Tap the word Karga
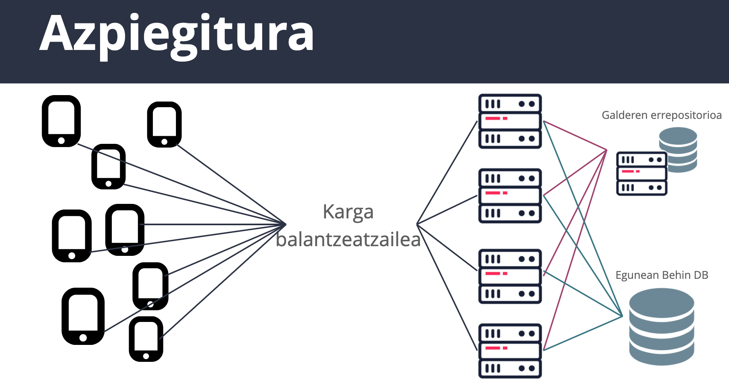click(x=348, y=212)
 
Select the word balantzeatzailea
click(x=348, y=240)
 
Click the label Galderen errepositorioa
click(x=661, y=115)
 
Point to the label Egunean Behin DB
click(x=662, y=275)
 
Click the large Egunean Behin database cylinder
click(x=662, y=326)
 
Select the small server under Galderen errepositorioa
click(x=641, y=174)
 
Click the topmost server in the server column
click(x=510, y=121)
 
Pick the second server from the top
click(x=510, y=196)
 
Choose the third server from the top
click(x=510, y=276)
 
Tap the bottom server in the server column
click(x=510, y=351)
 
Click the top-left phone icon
click(x=61, y=121)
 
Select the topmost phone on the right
click(x=164, y=124)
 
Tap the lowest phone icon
click(x=146, y=339)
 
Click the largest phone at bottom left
click(x=83, y=316)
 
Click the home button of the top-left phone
click(x=61, y=141)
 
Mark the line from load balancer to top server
click(x=447, y=172)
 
